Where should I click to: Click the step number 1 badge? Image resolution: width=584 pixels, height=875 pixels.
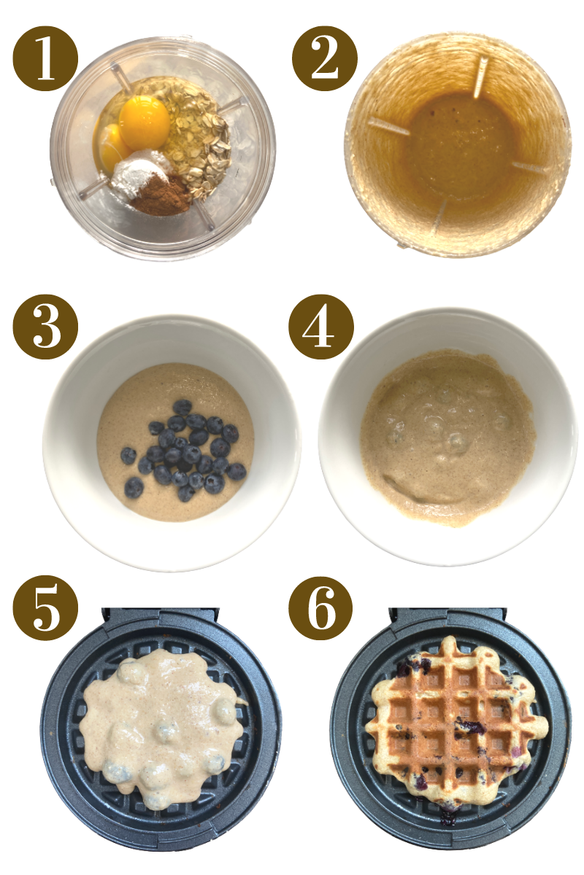(x=45, y=59)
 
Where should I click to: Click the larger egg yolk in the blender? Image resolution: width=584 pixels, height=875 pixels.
(x=144, y=120)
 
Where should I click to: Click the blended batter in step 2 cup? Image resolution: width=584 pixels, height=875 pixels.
(x=456, y=146)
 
